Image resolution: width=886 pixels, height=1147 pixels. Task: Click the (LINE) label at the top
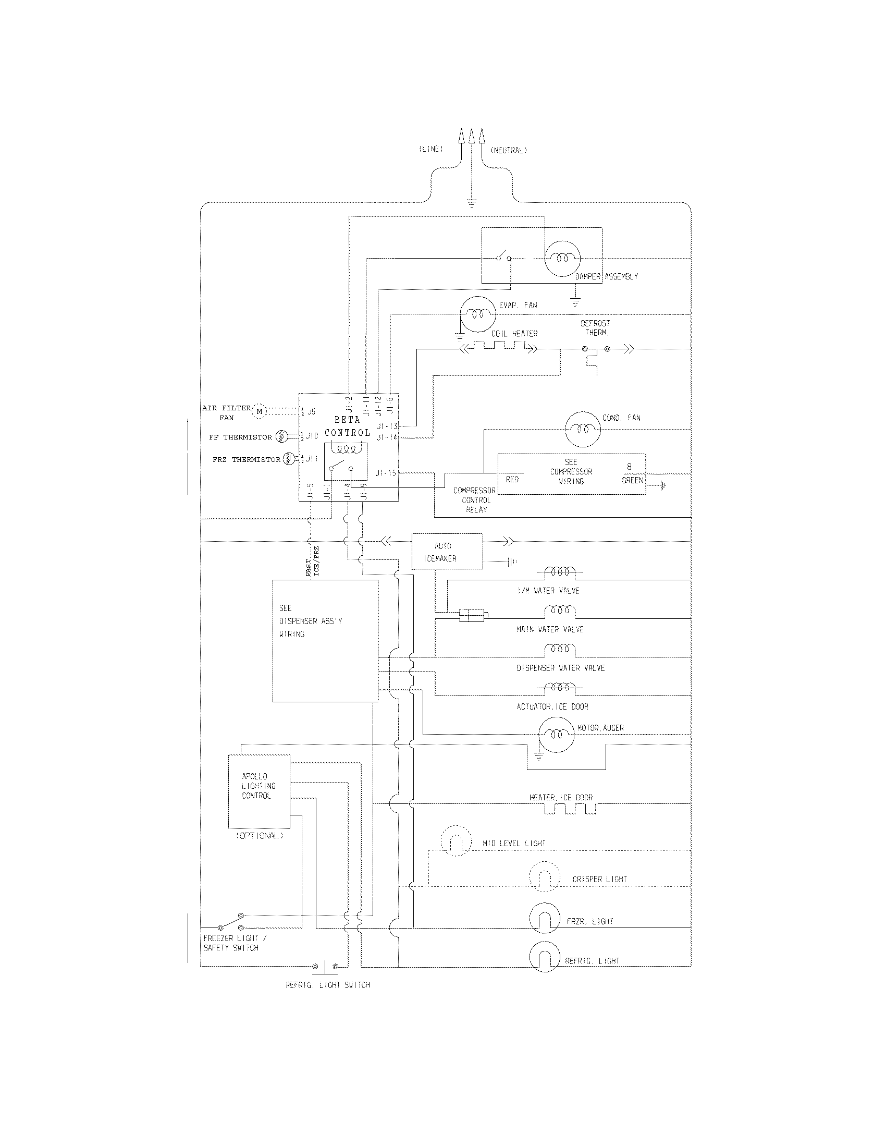coord(431,149)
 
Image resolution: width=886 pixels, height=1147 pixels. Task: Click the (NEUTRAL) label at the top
coord(508,150)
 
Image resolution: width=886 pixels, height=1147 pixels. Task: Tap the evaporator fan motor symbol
coord(477,314)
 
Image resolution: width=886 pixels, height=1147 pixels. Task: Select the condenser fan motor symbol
coord(582,429)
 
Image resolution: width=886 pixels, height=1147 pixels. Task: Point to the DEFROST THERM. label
coord(595,328)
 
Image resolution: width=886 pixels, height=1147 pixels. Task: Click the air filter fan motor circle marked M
coord(260,411)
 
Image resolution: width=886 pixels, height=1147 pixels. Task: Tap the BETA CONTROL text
coord(347,426)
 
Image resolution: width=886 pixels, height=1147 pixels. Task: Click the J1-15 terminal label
coord(386,473)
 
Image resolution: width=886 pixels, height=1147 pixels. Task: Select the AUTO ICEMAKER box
coord(447,552)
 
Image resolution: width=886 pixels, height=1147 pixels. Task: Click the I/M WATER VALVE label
coord(548,591)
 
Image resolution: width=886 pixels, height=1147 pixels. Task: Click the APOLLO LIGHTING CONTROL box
coord(259,791)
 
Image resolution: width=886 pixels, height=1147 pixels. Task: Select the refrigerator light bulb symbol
coord(545,957)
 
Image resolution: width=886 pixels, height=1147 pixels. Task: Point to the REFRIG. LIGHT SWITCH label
coord(327,985)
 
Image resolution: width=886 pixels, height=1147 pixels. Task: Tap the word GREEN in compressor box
coord(632,480)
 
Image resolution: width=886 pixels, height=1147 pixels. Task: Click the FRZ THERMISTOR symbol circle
coord(289,459)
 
